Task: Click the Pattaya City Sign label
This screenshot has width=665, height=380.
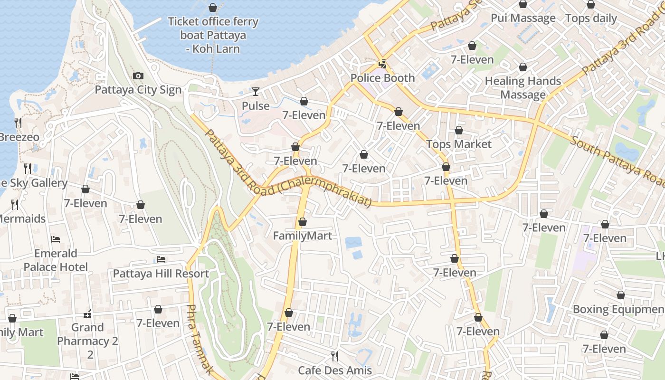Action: (x=138, y=90)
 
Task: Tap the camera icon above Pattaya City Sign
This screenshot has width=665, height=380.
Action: (x=138, y=76)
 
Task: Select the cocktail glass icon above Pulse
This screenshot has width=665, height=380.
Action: (x=256, y=92)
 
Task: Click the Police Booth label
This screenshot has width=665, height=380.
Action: (x=382, y=78)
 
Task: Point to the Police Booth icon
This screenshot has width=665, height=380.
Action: (x=382, y=64)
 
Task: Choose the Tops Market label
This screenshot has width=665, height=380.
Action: (x=458, y=144)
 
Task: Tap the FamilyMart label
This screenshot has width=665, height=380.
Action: (x=302, y=236)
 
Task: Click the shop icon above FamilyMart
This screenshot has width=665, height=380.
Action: (x=303, y=222)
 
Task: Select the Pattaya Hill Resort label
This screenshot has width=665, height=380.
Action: (x=161, y=274)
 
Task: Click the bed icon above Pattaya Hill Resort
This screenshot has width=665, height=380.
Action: (x=161, y=259)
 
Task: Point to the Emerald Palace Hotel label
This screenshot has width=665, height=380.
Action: (x=56, y=260)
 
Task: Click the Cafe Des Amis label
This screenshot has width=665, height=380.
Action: (x=334, y=370)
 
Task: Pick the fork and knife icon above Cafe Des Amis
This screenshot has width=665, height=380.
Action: (x=335, y=356)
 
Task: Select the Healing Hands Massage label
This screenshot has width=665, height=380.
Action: (x=522, y=88)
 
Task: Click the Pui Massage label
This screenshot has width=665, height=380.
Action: (x=522, y=18)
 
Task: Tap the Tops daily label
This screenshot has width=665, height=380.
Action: (x=590, y=18)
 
